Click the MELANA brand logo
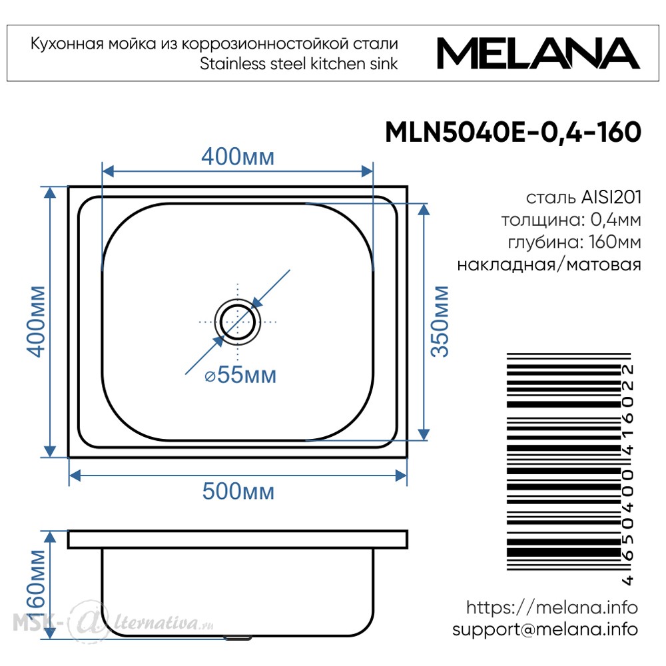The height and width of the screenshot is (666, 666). (x=538, y=53)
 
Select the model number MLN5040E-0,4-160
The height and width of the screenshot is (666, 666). (x=513, y=132)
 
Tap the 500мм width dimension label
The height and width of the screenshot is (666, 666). (x=238, y=492)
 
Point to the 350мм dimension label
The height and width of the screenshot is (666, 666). (x=439, y=322)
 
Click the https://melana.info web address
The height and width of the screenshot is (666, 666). (x=551, y=608)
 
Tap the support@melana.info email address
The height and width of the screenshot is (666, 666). (x=545, y=629)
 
